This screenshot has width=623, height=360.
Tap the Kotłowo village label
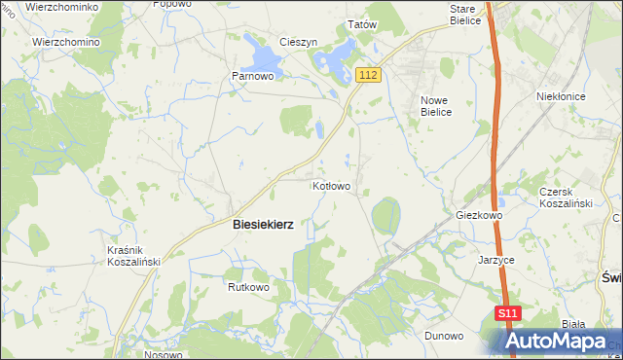331,185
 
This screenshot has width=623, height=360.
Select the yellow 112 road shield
367,75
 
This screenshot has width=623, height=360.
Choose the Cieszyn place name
299,43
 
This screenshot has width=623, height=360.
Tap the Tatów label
362,25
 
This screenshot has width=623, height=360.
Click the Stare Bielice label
464,14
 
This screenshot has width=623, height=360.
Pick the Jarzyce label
495,261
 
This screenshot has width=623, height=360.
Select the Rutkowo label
247,288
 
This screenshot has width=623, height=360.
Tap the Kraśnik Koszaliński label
132,255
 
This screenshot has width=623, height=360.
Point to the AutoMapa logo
565,342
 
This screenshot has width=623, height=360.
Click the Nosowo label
163,355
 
